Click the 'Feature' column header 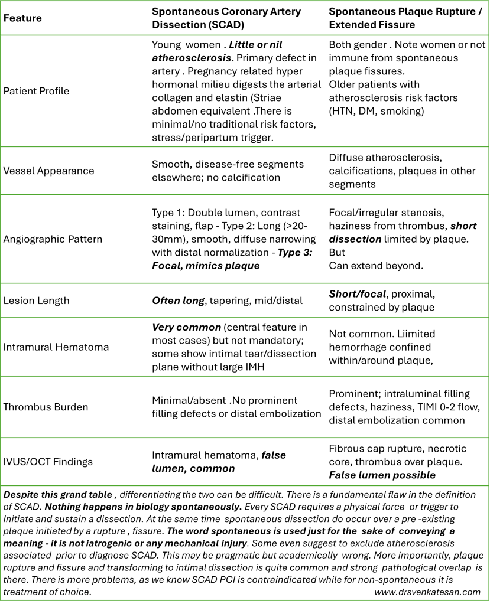pyautogui.click(x=22, y=18)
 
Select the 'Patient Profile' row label pyautogui.click(x=37, y=92)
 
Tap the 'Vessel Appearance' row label pyautogui.click(x=49, y=171)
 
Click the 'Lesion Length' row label pyautogui.click(x=37, y=301)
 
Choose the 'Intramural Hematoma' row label pyautogui.click(x=56, y=347)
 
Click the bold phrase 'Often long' pyautogui.click(x=178, y=301)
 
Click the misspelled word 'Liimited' pyautogui.click(x=404, y=335)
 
